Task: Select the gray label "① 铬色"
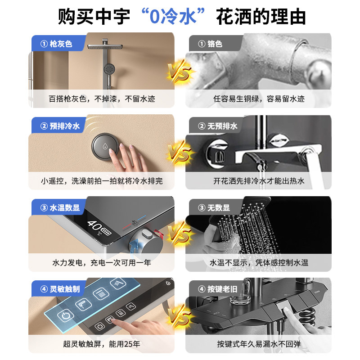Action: (211, 44)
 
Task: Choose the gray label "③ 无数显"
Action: (214, 208)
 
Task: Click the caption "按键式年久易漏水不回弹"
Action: (259, 344)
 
